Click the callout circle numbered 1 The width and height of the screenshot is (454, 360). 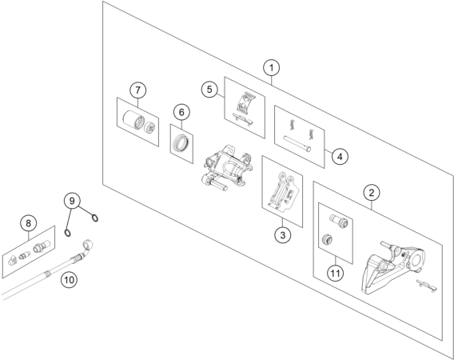coord(271,68)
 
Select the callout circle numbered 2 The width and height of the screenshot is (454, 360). coord(372,193)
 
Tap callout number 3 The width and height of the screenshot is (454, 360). coord(283,234)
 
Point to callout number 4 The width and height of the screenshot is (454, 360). coord(340,157)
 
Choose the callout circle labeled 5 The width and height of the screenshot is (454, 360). coord(209,90)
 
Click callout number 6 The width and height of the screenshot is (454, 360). coord(181,112)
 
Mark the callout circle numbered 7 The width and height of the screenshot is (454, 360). coord(137,90)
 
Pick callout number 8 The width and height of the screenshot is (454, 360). coord(28,223)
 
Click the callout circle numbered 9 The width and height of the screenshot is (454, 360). coord(72,201)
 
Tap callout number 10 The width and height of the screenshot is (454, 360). coord(70,280)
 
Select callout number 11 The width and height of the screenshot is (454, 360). coord(335,273)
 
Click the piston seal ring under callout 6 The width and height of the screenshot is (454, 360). coord(181,143)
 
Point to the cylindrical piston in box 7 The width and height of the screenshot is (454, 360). coord(133,119)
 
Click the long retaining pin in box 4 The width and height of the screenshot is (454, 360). coord(297,144)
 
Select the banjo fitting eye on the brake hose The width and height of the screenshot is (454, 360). coord(88,242)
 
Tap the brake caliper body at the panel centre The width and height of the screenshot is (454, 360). coord(227,167)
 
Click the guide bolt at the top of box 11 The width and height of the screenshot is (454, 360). coord(340,221)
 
